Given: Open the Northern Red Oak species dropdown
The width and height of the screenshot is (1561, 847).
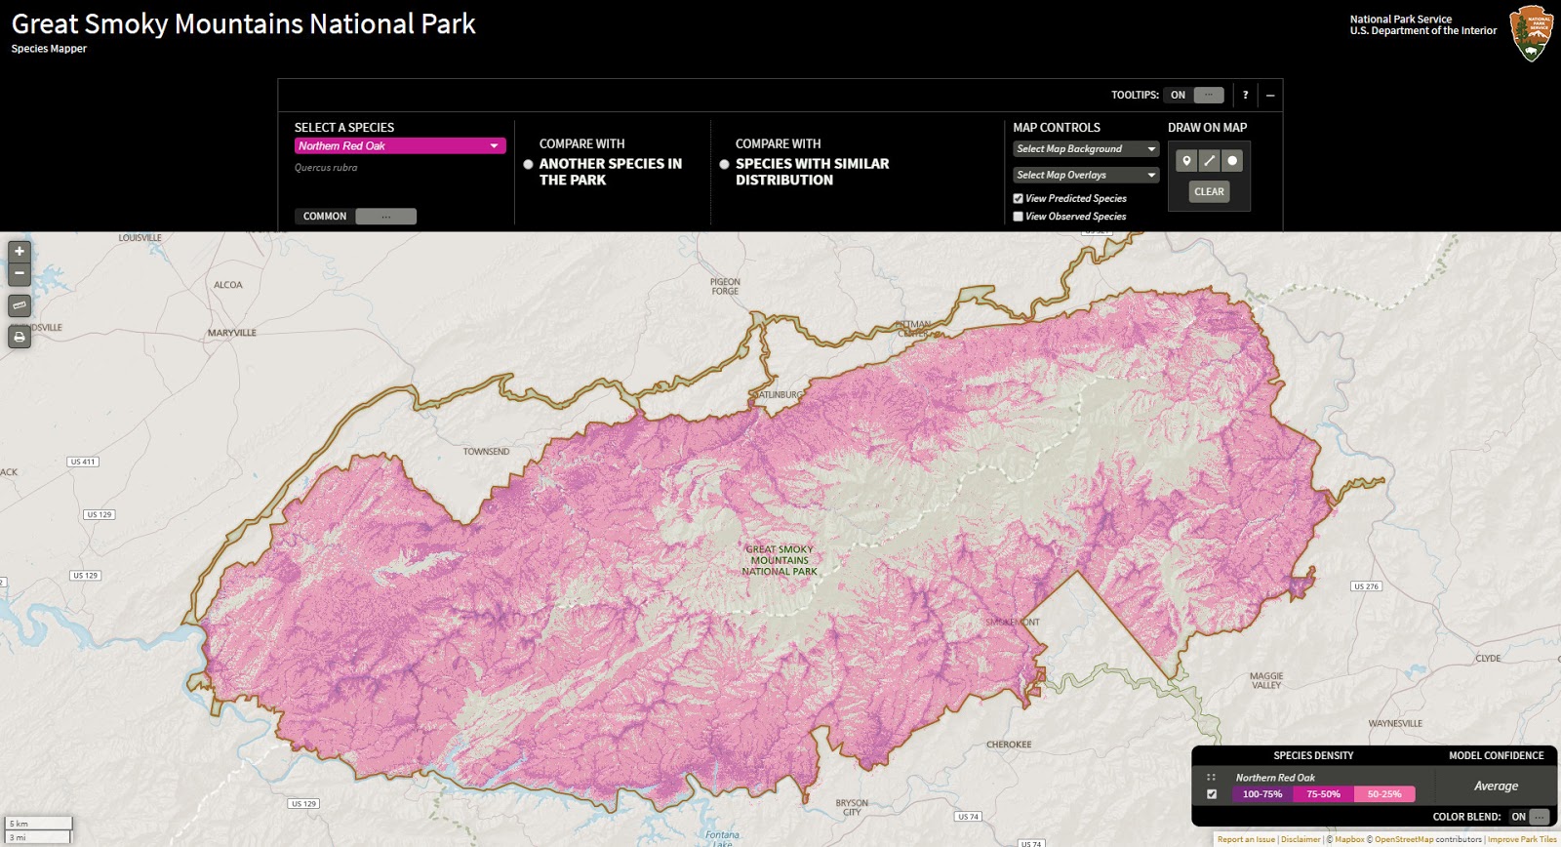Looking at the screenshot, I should (x=400, y=146).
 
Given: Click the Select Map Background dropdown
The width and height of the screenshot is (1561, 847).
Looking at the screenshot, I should (x=1085, y=149).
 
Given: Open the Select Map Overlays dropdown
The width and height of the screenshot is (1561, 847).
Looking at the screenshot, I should (x=1085, y=176).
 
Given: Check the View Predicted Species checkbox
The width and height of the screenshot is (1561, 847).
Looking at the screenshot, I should (x=1019, y=199).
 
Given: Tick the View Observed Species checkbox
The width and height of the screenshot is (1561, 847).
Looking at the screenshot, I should (x=1019, y=217).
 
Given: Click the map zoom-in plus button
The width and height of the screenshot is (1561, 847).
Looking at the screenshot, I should (x=20, y=252).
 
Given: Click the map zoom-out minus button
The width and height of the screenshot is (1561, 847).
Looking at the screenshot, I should (x=20, y=274).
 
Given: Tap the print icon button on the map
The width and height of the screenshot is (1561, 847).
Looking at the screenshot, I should (x=20, y=338).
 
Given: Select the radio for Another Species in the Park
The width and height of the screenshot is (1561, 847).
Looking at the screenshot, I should (x=528, y=165).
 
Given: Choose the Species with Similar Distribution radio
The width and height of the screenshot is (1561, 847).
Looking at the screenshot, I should (x=724, y=165).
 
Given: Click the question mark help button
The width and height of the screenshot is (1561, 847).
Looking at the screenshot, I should (x=1245, y=96).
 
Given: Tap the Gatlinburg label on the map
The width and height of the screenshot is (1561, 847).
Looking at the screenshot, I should (x=780, y=395).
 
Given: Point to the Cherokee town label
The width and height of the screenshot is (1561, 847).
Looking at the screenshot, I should (x=1009, y=745).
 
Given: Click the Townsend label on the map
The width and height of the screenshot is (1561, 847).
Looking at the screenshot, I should (x=486, y=452).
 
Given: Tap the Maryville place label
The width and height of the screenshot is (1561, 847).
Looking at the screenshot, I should (x=232, y=334).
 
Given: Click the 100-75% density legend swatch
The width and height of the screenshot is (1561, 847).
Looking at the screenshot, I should (x=1262, y=794).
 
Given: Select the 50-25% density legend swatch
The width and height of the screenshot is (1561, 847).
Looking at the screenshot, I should (x=1384, y=794).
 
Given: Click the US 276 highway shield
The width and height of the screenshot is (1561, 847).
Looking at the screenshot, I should (x=1366, y=586).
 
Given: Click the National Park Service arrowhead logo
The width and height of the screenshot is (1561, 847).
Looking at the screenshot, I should (x=1531, y=34).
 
